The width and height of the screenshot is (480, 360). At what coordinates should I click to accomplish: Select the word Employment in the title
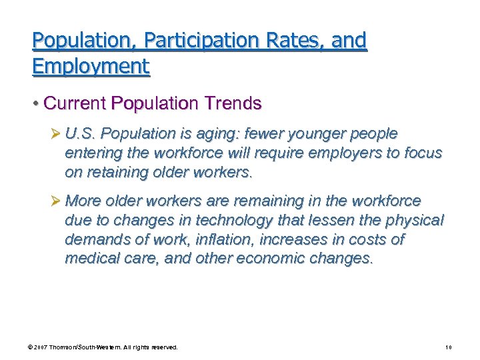[91, 66]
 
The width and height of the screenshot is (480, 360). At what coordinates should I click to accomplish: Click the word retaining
[115, 171]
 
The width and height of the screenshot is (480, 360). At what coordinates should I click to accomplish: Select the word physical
[413, 220]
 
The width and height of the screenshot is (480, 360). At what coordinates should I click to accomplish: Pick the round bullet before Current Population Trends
[36, 104]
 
